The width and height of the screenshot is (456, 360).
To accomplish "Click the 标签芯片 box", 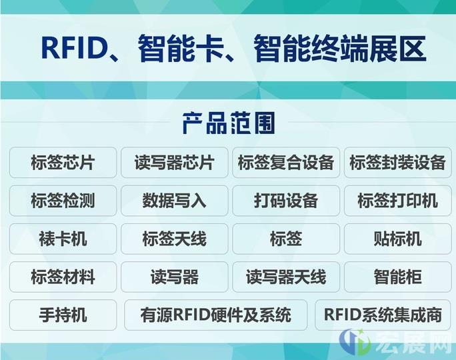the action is pos(63,163).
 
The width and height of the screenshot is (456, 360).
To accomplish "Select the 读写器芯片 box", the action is pos(175,163).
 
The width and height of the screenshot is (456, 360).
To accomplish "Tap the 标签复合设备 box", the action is pos(286,163).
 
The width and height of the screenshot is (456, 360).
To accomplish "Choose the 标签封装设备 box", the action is pos(397,163).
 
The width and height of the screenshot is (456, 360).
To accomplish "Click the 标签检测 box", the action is pos(63,201).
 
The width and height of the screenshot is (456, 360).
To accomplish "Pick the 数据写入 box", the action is pos(175,201).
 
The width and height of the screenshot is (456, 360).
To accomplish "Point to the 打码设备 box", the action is pos(286,201).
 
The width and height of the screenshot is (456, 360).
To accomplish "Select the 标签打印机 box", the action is pos(397,201).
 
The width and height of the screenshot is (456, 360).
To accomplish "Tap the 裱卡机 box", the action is pos(63,239).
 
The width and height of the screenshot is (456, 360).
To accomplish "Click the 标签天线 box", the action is pos(175,239).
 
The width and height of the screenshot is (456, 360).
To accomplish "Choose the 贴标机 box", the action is pos(397,239).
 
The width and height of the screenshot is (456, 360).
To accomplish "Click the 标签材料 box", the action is pos(63,277).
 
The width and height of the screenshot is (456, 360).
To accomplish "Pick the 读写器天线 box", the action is pos(286,277).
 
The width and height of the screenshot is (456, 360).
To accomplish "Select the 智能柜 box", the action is pos(397,277).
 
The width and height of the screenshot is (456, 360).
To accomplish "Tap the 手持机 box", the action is pos(63,315).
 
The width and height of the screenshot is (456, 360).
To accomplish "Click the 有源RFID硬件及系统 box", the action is pos(216,315).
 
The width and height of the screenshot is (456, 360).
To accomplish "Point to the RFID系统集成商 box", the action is pos(383,315).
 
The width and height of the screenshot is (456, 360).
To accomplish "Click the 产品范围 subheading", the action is pos(229,123).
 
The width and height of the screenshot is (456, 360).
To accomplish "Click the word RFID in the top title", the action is pos(73,47).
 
